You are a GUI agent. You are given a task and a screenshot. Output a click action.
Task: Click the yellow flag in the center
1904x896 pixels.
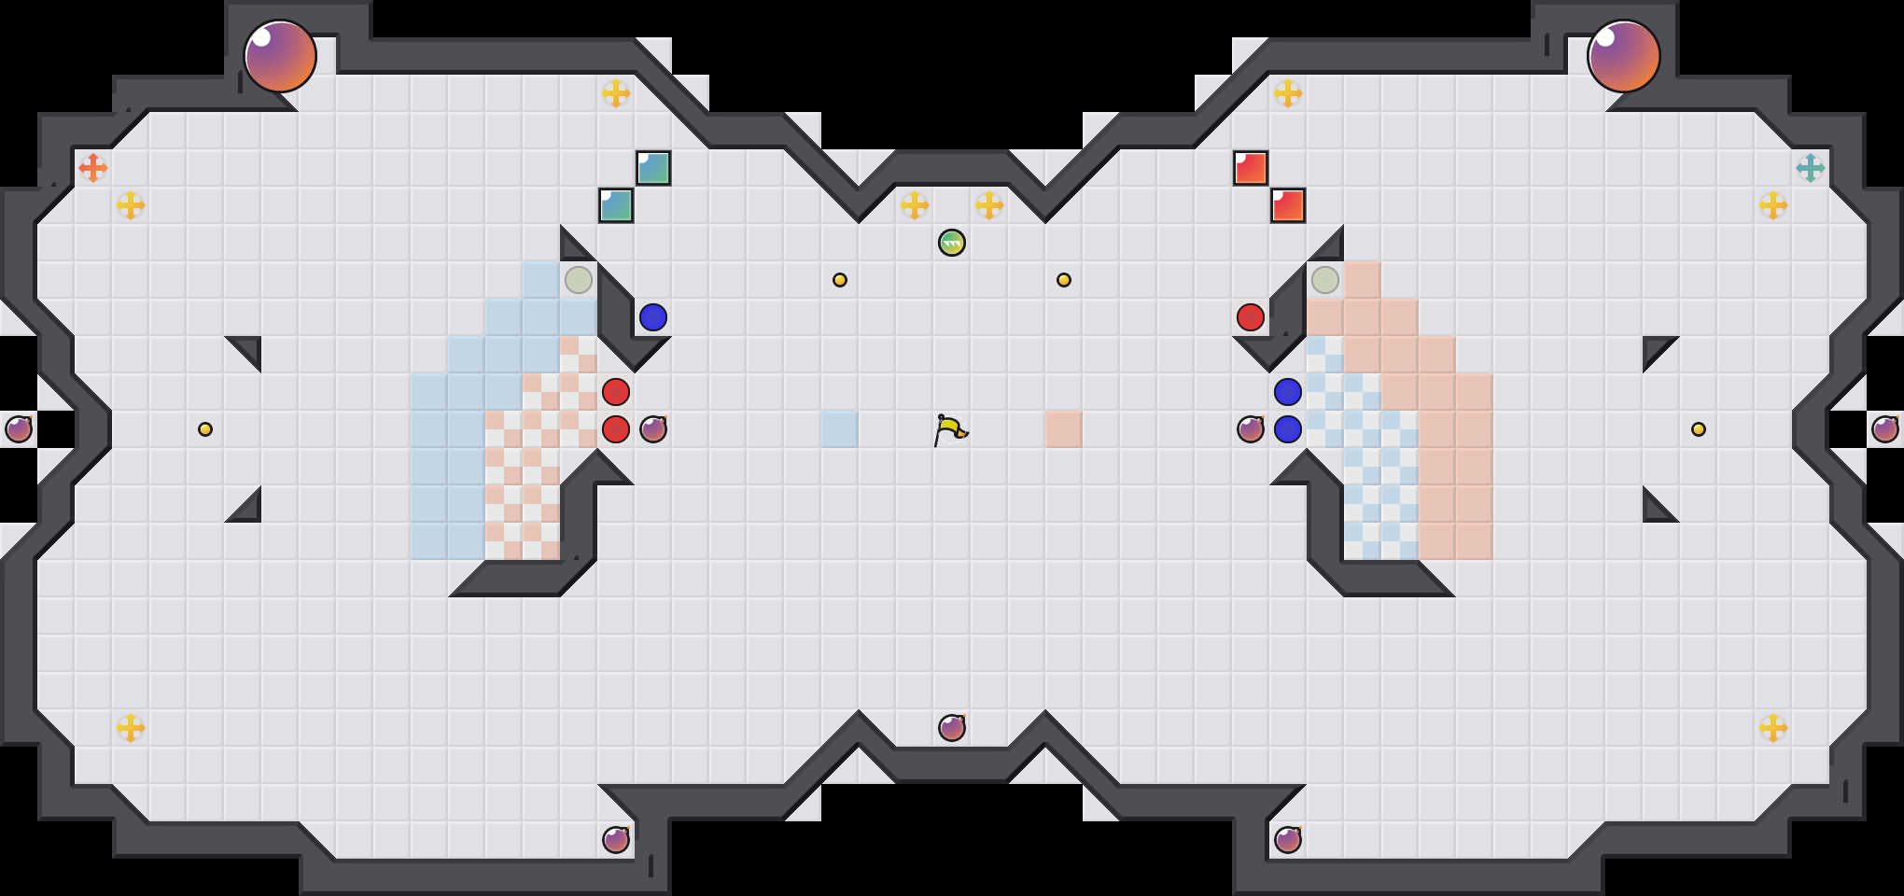[950, 429]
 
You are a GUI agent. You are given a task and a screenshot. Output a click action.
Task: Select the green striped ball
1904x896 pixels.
[952, 243]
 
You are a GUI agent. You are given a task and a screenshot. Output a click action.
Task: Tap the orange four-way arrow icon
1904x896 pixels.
[93, 168]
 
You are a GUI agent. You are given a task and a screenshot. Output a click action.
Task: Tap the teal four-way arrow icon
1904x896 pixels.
[1811, 168]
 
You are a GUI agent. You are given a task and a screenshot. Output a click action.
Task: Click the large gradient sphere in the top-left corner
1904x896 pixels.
[280, 56]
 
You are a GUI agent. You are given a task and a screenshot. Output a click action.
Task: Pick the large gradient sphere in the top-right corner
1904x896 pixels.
[1624, 56]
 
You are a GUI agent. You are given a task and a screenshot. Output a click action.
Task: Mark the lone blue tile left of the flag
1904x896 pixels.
[840, 429]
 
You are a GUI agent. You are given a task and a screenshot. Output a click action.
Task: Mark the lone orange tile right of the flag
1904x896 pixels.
[1064, 429]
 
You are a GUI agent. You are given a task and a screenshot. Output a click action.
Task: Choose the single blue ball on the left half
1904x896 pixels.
[653, 317]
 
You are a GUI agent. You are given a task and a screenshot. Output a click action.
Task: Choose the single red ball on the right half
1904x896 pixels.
[1251, 317]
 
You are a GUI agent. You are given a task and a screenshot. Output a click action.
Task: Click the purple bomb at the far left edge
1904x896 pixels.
[19, 429]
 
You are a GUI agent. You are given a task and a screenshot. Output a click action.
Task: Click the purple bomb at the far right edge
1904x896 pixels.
[1885, 429]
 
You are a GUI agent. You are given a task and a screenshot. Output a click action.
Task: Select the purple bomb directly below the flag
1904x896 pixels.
[952, 728]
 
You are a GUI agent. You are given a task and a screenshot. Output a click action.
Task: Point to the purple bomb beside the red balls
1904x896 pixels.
[653, 429]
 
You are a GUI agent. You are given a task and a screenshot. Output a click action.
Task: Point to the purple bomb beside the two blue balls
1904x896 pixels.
[1251, 429]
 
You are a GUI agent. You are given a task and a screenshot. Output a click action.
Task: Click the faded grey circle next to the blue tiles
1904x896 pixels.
[579, 280]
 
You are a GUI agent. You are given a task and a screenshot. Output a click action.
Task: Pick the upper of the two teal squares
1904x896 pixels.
[653, 168]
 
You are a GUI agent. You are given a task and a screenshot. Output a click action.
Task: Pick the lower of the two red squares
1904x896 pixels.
[1288, 205]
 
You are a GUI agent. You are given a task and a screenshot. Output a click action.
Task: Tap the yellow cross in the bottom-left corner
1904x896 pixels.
[131, 728]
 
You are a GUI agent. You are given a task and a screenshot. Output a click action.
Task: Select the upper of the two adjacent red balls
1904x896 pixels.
[616, 392]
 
